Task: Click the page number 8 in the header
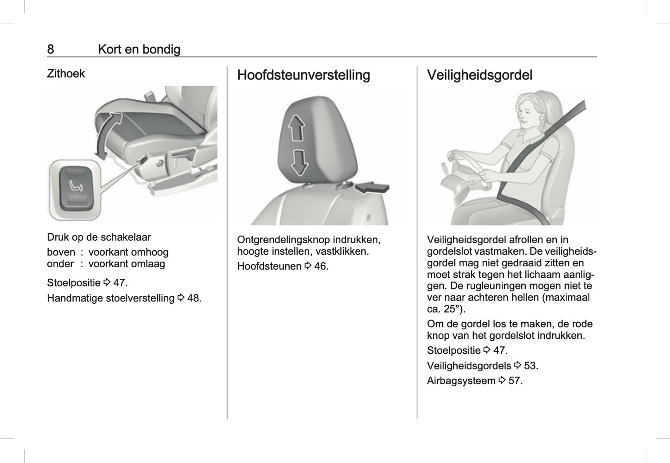pyautogui.click(x=51, y=49)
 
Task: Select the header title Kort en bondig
pyautogui.click(x=139, y=49)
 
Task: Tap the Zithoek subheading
pyautogui.click(x=66, y=74)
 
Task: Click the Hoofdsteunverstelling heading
pyautogui.click(x=303, y=75)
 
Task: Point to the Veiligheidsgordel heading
pyautogui.click(x=479, y=75)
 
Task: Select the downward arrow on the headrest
pyautogui.click(x=299, y=162)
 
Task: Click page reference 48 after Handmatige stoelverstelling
pyautogui.click(x=194, y=298)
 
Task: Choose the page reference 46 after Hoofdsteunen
pyautogui.click(x=321, y=266)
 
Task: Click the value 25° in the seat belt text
pyautogui.click(x=454, y=309)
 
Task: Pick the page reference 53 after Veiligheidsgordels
pyautogui.click(x=530, y=366)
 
